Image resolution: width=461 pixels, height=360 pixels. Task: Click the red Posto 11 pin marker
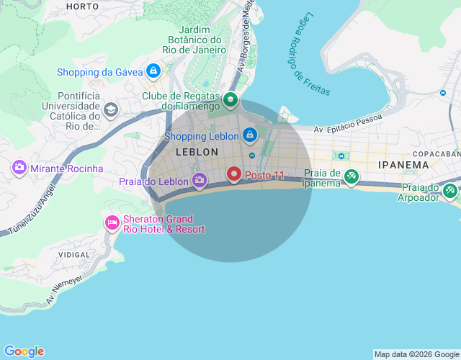[234, 174]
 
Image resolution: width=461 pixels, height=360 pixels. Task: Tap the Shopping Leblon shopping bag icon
[249, 135]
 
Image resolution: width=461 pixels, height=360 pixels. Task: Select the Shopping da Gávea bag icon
[153, 71]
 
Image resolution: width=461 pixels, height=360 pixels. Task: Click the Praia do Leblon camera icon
[200, 180]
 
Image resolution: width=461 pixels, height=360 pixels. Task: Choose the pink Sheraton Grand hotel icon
[112, 222]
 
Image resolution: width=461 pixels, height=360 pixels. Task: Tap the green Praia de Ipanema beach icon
[352, 176]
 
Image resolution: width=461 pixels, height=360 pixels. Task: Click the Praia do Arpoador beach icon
[450, 191]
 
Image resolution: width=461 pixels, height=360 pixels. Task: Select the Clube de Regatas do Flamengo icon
[230, 100]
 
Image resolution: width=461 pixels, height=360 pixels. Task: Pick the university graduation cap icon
[111, 110]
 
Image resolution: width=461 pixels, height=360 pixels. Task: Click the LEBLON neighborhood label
[197, 153]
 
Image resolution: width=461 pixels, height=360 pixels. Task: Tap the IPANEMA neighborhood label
[403, 165]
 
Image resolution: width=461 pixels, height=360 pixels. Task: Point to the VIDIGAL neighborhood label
[73, 255]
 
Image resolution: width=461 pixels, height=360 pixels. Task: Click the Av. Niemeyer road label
[66, 287]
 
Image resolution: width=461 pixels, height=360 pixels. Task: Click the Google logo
[24, 351]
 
